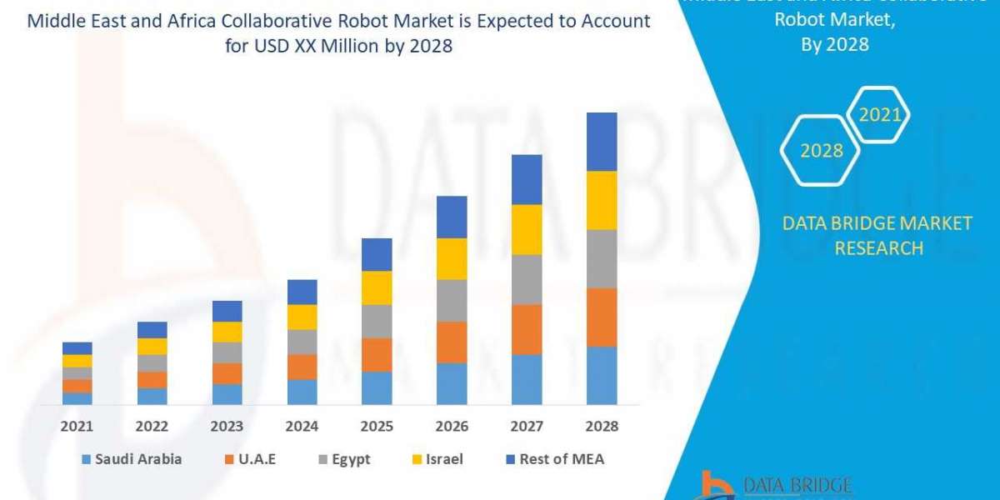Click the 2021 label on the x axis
click(x=77, y=426)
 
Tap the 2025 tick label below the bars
click(x=377, y=426)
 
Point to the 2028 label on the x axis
click(x=602, y=426)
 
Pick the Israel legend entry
click(x=437, y=459)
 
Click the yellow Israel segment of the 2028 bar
click(x=602, y=200)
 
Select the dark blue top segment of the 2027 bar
click(x=527, y=179)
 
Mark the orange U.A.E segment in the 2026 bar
click(x=452, y=342)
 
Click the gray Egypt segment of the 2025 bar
click(x=377, y=321)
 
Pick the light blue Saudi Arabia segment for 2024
click(x=302, y=392)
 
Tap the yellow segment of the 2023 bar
click(x=227, y=332)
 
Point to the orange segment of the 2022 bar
click(x=152, y=379)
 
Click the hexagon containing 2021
click(x=878, y=115)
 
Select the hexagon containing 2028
click(x=820, y=151)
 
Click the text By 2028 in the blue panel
click(x=834, y=45)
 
